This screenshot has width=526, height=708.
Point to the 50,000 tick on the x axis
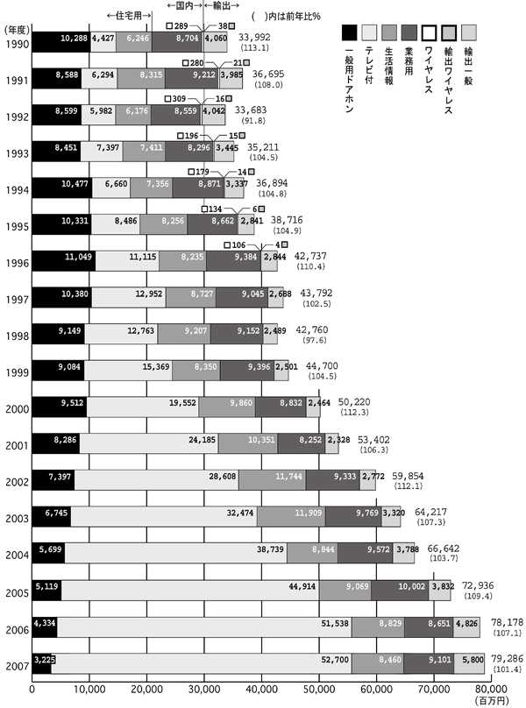319,690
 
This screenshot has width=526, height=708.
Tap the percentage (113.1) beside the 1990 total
260,49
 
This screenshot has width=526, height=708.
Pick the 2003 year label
15,516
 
